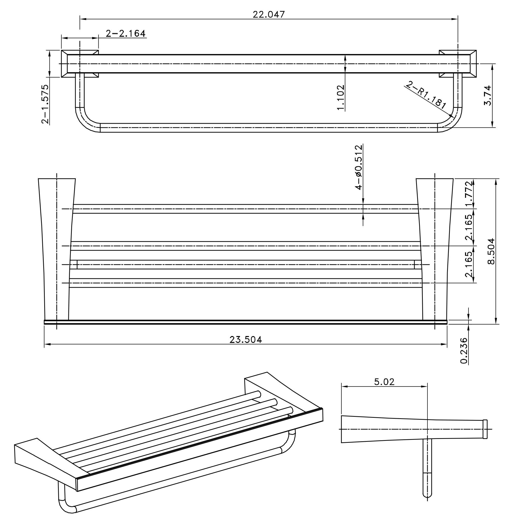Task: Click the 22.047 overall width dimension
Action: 268,14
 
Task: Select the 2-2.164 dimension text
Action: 126,34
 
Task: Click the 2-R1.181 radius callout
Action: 426,95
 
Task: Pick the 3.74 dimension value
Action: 487,95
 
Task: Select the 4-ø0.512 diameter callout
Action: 359,167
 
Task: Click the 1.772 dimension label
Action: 469,193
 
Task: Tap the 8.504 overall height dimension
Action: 491,251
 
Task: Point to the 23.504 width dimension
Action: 246,340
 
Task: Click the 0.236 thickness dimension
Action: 464,351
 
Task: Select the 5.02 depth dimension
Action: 384,382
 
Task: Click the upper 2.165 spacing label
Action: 469,227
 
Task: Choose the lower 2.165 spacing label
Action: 469,264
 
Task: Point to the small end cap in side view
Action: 485,429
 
